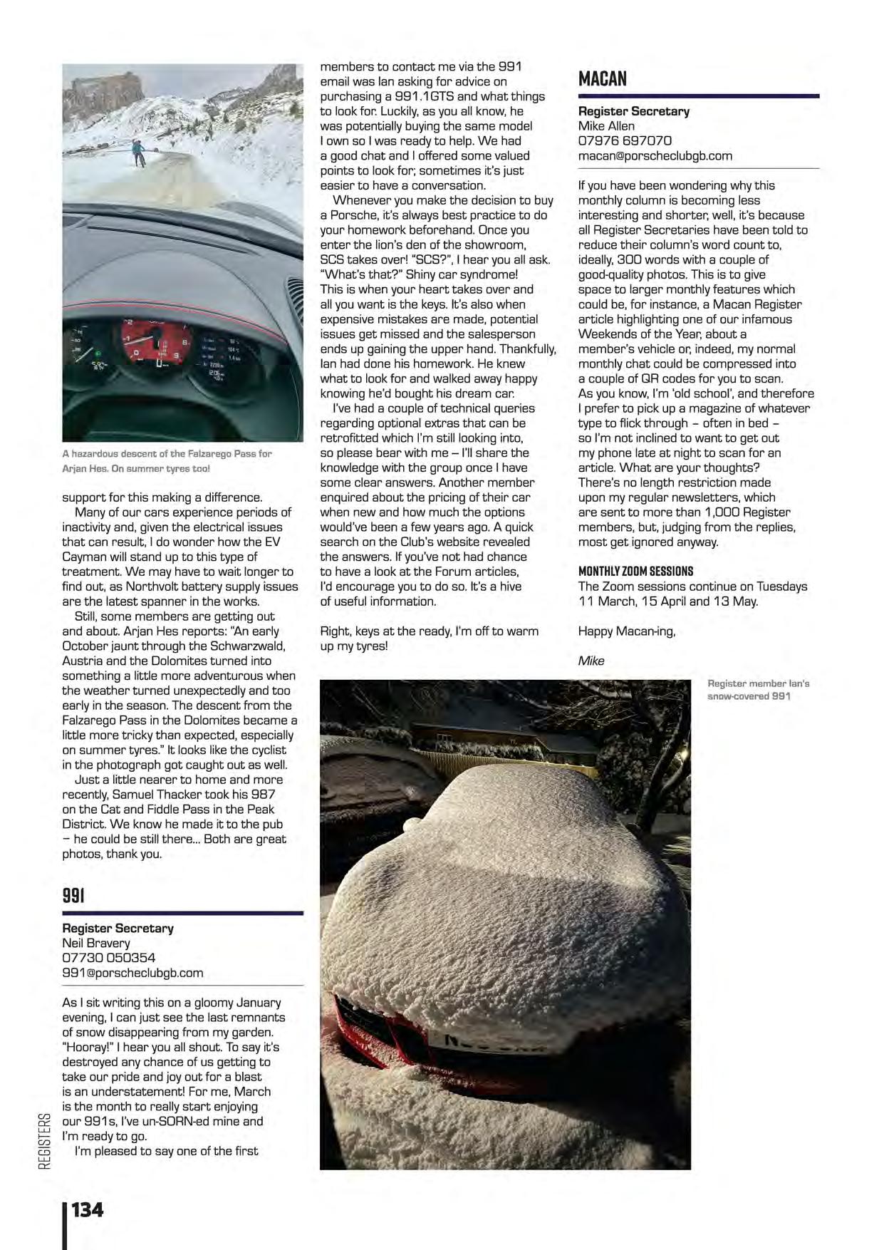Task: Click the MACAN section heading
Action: [603, 78]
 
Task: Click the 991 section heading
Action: [73, 895]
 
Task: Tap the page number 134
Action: [87, 1209]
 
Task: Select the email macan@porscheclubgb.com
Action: [655, 156]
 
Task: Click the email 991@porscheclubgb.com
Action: [132, 973]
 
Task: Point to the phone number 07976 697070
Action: [625, 141]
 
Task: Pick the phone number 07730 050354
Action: [108, 958]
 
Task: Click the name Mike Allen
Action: [606, 126]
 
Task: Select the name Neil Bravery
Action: [95, 943]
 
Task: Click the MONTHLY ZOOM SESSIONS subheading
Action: [635, 572]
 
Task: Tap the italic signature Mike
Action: [591, 661]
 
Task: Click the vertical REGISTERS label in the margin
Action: [45, 1141]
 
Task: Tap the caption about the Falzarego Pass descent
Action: [167, 461]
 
